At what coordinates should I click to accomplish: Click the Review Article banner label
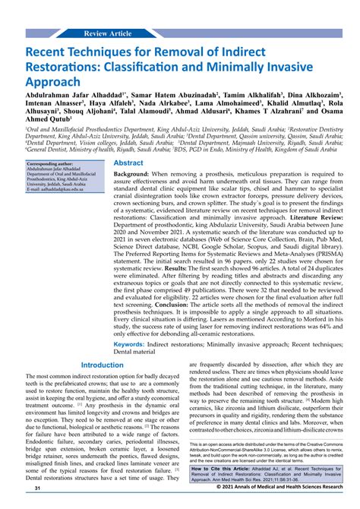pos(109,34)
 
